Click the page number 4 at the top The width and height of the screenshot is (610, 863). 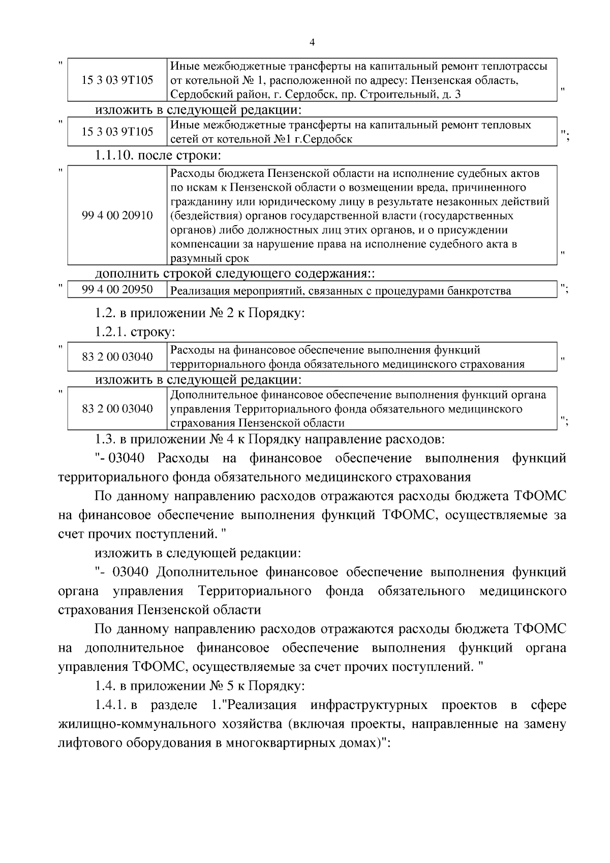click(312, 44)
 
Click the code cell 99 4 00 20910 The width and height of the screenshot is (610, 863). click(117, 215)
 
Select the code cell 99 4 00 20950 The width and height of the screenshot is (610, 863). click(117, 290)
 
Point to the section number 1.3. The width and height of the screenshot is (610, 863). click(104, 439)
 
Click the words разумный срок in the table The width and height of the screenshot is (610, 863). click(209, 258)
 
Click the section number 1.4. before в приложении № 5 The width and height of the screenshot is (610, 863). click(104, 686)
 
